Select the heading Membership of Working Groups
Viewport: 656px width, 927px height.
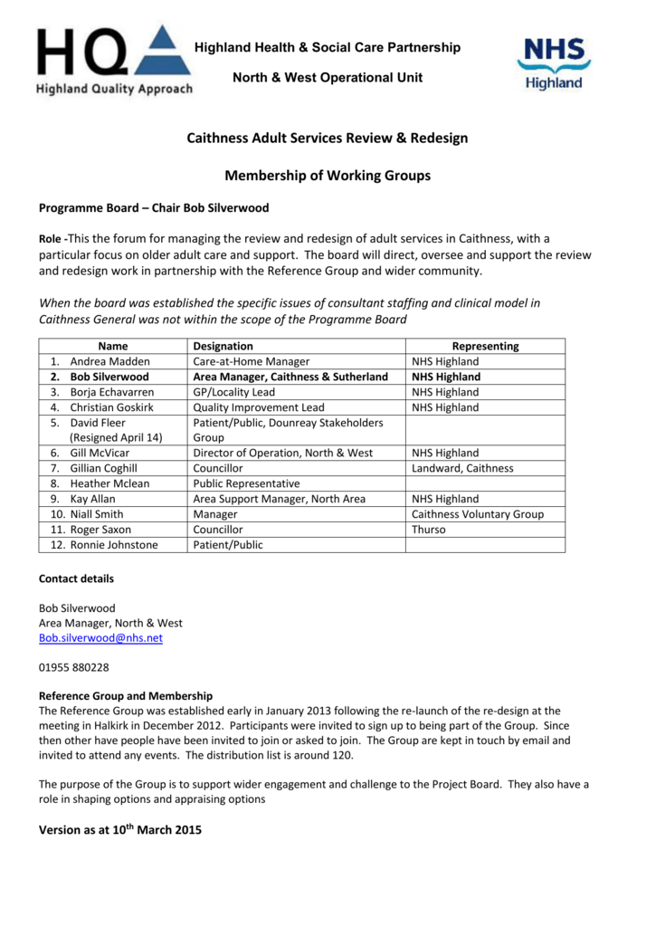tap(328, 176)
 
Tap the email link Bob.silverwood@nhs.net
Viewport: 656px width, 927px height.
tap(100, 638)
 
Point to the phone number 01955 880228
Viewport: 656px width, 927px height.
tap(72, 669)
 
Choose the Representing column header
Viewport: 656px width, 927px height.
tap(485, 346)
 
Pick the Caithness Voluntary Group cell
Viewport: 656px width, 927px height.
tap(478, 514)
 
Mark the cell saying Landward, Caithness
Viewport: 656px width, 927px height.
tap(462, 468)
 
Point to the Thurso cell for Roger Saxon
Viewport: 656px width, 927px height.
tap(429, 530)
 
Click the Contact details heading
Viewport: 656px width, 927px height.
tap(76, 578)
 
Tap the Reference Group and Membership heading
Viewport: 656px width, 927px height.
tap(126, 696)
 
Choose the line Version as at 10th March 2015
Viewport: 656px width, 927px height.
tap(120, 828)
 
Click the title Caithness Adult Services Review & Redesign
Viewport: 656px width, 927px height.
tap(328, 139)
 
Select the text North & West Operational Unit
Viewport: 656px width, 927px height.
tap(328, 78)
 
